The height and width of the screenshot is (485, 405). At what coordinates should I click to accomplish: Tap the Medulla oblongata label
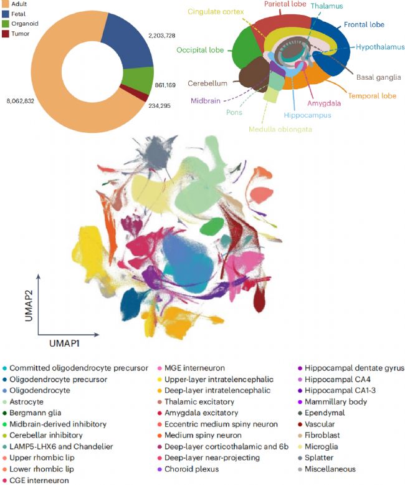tap(281, 129)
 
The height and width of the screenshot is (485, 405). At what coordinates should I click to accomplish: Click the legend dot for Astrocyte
tap(6, 401)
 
